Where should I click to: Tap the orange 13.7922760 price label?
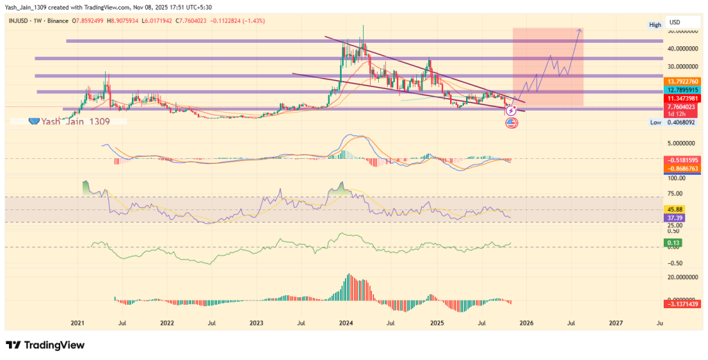click(684, 82)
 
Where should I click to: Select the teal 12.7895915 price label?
click(684, 91)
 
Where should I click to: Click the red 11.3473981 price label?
click(684, 99)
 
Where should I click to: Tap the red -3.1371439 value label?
click(684, 303)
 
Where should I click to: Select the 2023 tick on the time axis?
click(256, 323)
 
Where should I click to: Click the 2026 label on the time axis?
click(526, 323)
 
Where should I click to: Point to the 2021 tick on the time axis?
click(77, 323)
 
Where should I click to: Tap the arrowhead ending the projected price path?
click(579, 30)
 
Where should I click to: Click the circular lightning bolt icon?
click(512, 111)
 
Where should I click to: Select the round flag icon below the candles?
click(512, 123)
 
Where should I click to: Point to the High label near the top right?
click(655, 25)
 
